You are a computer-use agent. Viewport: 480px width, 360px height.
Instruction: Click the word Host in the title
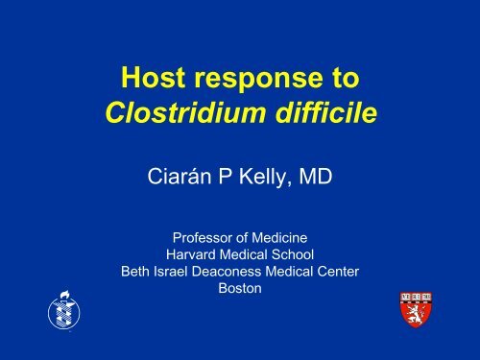pyautogui.click(x=154, y=77)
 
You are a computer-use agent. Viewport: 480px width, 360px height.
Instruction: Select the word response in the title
pyautogui.click(x=259, y=80)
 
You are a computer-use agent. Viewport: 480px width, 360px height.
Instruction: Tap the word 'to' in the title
pyautogui.click(x=347, y=78)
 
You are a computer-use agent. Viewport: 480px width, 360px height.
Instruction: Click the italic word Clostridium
pyautogui.click(x=185, y=112)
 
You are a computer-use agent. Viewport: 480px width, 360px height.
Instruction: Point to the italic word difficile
pyautogui.click(x=326, y=112)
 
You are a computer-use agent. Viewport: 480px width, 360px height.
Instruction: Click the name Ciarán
pyautogui.click(x=180, y=176)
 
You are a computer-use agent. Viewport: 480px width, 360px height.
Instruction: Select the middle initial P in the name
pyautogui.click(x=225, y=176)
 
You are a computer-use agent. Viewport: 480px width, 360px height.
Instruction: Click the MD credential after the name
pyautogui.click(x=316, y=176)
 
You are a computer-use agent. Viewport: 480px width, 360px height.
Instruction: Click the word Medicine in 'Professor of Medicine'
pyautogui.click(x=279, y=238)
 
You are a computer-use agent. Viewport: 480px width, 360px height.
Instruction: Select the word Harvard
pyautogui.click(x=191, y=254)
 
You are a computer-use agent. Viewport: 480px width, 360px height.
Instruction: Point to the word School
pyautogui.click(x=293, y=254)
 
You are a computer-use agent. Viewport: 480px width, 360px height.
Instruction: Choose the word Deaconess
pyautogui.click(x=227, y=272)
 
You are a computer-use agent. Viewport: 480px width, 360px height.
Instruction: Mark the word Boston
pyautogui.click(x=240, y=288)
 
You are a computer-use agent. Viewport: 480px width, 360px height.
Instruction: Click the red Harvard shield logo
pyautogui.click(x=416, y=309)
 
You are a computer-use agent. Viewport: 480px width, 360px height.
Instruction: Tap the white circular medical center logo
pyautogui.click(x=64, y=310)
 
